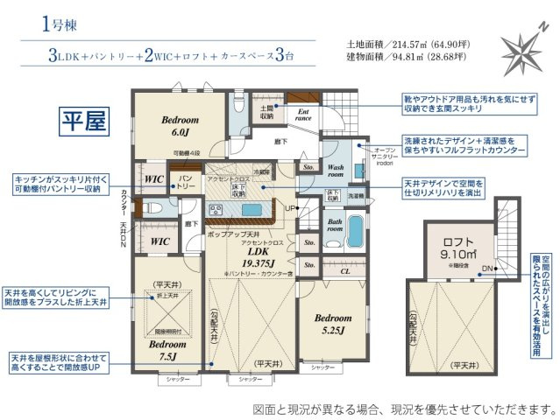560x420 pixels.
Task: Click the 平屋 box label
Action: click(83, 119)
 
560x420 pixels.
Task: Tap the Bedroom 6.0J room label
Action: click(180, 125)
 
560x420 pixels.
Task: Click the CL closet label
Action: click(345, 272)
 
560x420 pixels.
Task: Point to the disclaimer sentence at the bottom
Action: click(403, 408)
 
